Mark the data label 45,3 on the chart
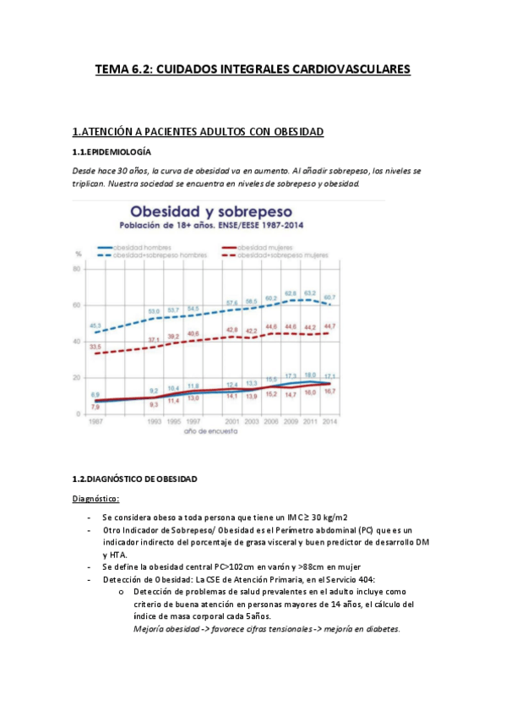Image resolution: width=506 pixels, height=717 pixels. tap(96, 326)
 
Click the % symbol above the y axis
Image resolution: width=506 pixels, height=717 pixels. tap(79, 254)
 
